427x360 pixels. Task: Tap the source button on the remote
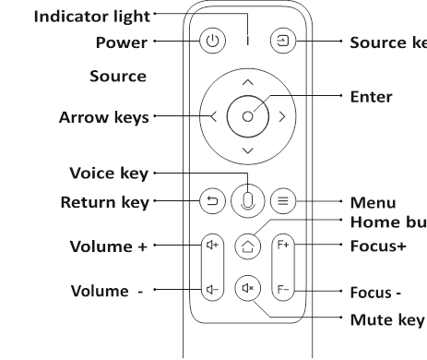(280, 42)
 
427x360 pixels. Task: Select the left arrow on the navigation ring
(214, 116)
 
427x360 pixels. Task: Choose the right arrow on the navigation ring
(281, 116)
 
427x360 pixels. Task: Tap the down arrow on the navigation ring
(247, 150)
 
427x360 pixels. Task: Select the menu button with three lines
(284, 199)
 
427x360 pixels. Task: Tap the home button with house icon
(246, 246)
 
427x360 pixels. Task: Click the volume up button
(213, 246)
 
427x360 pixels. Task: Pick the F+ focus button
(283, 246)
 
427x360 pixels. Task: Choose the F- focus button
(283, 290)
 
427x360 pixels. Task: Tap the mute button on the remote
(246, 289)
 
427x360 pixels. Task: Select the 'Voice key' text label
(109, 173)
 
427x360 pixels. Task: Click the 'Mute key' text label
(387, 319)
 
